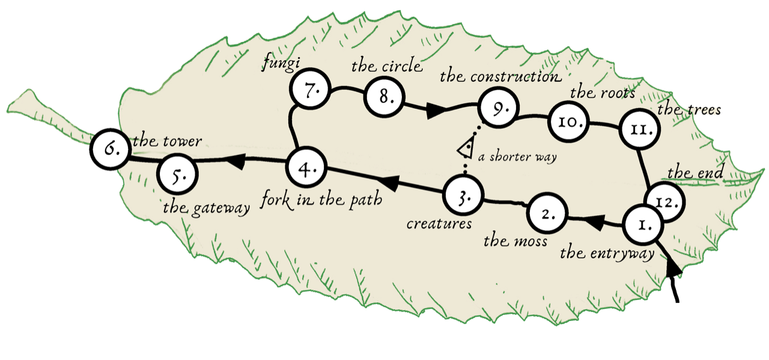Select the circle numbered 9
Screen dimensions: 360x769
coord(497,109)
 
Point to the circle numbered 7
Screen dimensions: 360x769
coord(309,93)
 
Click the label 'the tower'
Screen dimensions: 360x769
coord(166,141)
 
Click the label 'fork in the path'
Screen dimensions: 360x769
coord(322,200)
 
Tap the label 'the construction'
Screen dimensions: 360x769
coord(500,76)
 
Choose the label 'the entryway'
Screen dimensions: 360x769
coord(607,254)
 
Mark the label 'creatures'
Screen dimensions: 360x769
coord(439,224)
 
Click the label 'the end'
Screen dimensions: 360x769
coord(695,173)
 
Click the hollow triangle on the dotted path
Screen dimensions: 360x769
coord(464,148)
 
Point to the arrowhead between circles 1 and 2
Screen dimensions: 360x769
coord(592,222)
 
